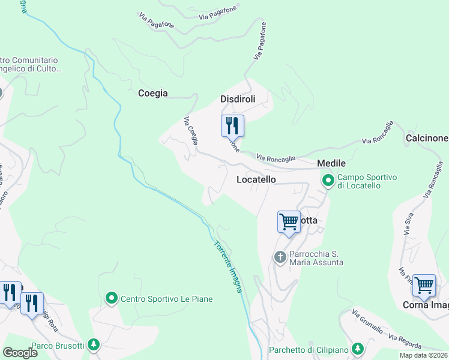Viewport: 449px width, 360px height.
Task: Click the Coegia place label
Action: coord(152,93)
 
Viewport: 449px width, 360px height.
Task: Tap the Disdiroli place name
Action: coord(238,99)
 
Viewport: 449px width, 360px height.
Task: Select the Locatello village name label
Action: coord(256,179)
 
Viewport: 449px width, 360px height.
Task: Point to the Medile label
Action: coord(331,163)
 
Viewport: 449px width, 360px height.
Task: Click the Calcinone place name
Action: coord(427,138)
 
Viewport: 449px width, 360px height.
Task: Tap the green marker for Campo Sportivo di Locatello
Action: coord(328,180)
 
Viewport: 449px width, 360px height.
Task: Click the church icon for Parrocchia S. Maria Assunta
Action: coord(280,257)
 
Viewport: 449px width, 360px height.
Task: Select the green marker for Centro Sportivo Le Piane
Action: coord(111,298)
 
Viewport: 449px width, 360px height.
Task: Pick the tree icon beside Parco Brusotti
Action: coord(93,344)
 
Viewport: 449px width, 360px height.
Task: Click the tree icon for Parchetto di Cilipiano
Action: coord(357,349)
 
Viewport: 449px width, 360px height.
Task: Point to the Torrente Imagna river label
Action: coord(229,267)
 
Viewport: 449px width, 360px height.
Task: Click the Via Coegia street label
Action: coord(190,130)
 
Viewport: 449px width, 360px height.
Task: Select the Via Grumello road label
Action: coord(367,322)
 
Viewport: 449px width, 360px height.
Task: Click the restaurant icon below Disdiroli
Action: coord(232,126)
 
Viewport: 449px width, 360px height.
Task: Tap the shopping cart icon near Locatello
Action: coord(289,221)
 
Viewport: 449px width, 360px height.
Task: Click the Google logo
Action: coord(20,353)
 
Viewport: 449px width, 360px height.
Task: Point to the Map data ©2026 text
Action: coord(423,355)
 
